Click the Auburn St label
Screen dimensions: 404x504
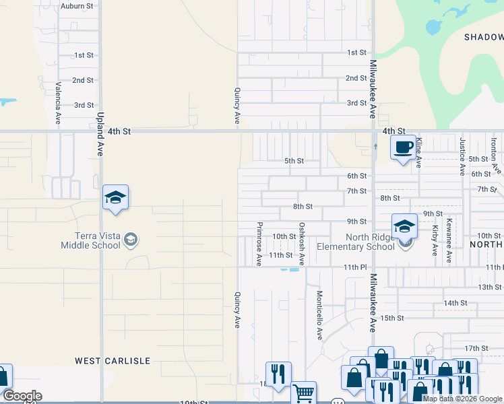click(76, 6)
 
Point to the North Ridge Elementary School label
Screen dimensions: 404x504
click(370, 242)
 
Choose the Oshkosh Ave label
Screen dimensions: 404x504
click(303, 244)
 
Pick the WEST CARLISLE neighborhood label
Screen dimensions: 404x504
click(113, 361)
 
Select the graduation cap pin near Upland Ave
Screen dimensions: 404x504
click(115, 197)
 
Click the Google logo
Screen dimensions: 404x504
click(22, 396)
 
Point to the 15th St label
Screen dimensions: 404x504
click(391, 318)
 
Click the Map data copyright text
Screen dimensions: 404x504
click(462, 399)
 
